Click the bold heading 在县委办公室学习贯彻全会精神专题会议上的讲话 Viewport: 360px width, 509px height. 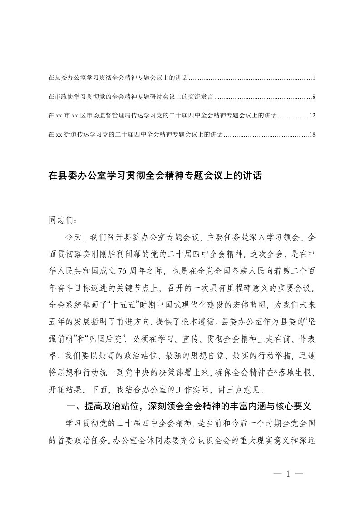pos(155,176)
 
